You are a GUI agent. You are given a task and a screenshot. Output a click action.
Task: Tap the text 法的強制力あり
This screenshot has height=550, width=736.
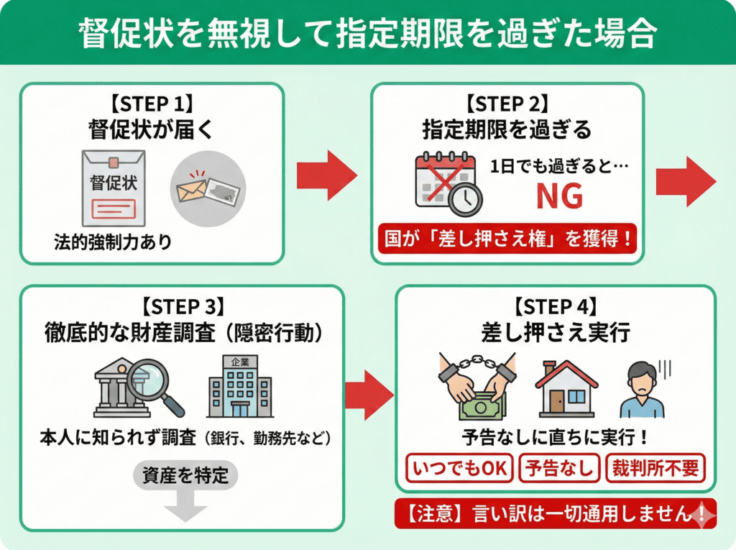pos(113,242)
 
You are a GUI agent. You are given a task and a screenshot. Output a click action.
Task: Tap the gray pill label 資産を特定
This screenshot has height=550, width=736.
pos(185,476)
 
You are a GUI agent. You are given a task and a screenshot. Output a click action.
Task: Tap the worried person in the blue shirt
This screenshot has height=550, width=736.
pos(642,391)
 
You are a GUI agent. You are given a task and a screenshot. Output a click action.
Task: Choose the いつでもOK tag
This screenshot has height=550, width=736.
pos(460,468)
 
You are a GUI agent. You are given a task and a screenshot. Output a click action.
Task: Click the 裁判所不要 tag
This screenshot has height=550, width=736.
pos(655,468)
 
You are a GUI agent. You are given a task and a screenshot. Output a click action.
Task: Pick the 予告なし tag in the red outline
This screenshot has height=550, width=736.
pos(559,468)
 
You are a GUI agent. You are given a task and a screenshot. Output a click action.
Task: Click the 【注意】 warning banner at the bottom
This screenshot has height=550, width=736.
pos(555,514)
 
